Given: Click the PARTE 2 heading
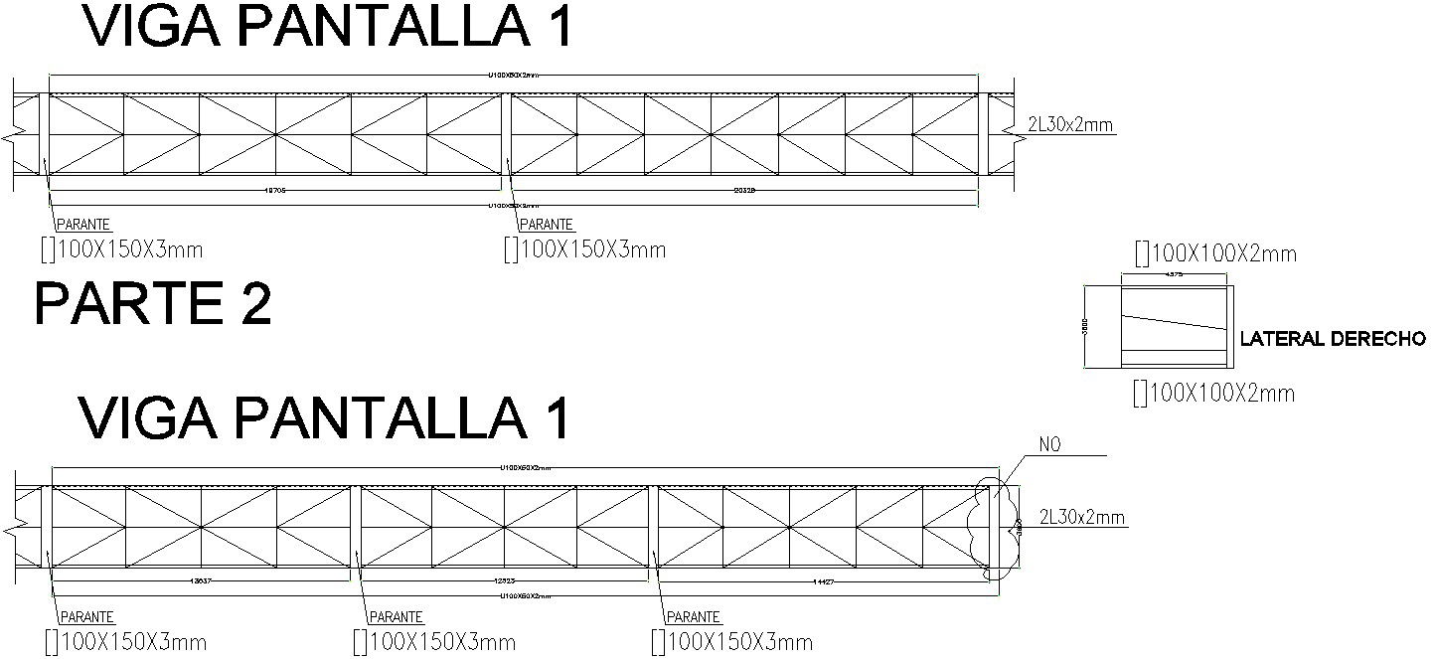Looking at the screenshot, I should [x=153, y=304].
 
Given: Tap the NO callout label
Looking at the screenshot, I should [x=1049, y=445].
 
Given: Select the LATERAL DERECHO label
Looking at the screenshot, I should [x=1333, y=340].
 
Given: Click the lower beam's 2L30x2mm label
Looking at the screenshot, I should [x=1082, y=517].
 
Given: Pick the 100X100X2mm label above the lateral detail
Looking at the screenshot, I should [x=1214, y=254].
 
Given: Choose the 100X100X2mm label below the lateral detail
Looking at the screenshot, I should [x=1213, y=394].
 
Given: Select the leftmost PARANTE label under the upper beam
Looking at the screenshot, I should [x=81, y=226].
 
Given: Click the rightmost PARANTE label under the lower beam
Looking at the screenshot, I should [x=693, y=617].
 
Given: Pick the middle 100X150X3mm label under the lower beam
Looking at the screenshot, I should [x=433, y=642].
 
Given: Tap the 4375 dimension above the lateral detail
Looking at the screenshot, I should [x=1173, y=274].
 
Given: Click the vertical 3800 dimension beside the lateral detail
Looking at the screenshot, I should [x=1087, y=327].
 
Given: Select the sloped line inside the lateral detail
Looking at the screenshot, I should [x=1173, y=321].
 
